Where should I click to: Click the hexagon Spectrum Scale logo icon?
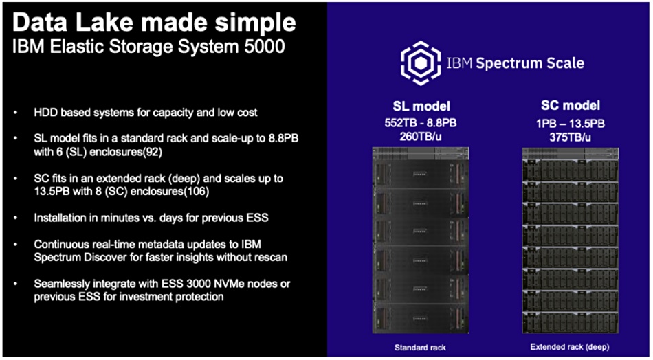coord(421,63)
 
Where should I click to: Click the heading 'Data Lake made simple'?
coord(154,22)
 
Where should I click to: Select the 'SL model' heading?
coord(421,106)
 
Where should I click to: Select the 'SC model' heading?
coord(570,106)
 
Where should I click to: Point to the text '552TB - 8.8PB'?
coord(421,123)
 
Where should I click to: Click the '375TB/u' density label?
coord(570,136)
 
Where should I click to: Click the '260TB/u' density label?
coord(421,137)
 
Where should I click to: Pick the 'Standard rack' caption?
coord(420,347)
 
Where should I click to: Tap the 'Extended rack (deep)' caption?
coord(570,347)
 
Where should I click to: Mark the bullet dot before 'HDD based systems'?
coord(16,113)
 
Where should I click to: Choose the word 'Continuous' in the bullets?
coord(58,244)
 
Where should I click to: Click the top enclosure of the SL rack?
coord(421,174)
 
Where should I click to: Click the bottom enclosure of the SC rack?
coord(570,322)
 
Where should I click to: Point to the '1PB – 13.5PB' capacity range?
coord(570,123)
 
